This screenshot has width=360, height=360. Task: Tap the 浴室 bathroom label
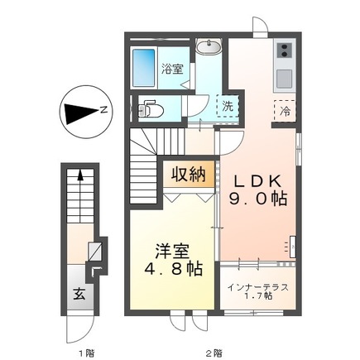tap(172, 69)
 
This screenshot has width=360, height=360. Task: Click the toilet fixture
tap(148, 109)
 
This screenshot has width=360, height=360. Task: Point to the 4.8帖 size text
tap(170, 270)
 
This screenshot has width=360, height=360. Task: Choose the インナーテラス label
tap(257, 286)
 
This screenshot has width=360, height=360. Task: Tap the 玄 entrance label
tap(77, 292)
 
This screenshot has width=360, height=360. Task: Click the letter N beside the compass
tap(102, 109)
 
